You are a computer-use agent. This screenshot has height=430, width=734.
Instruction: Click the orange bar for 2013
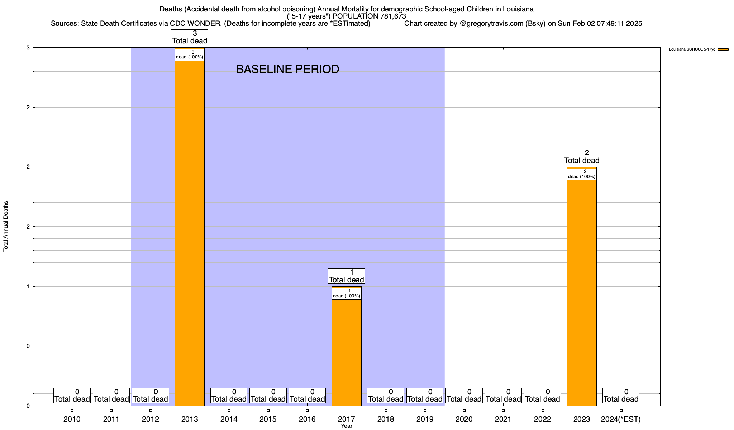tap(190, 233)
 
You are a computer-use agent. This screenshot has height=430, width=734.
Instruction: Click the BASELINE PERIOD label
tap(287, 69)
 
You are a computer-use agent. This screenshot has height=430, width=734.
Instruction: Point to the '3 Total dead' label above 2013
tap(190, 37)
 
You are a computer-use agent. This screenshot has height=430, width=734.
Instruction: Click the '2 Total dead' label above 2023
tap(582, 157)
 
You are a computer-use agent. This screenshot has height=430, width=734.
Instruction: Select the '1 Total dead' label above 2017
tap(347, 276)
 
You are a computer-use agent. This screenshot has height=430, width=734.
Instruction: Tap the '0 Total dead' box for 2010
tap(72, 396)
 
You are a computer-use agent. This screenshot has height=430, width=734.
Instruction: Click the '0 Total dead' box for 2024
tap(621, 396)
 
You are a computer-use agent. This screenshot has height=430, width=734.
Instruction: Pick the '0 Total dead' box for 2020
tap(464, 396)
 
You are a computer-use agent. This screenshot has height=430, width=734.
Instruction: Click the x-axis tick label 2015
tap(268, 419)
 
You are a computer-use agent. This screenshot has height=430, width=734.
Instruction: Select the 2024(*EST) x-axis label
tap(621, 419)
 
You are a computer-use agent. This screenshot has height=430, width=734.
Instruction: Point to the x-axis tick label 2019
tap(425, 419)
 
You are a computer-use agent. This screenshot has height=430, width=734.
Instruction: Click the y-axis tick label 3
tap(28, 48)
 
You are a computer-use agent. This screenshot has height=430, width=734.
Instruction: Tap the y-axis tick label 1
tap(28, 286)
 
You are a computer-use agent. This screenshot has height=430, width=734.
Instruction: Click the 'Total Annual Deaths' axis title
tap(6, 226)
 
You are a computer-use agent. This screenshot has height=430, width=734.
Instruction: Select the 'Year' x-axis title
tap(347, 426)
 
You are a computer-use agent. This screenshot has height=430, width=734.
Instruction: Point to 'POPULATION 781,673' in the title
tap(369, 16)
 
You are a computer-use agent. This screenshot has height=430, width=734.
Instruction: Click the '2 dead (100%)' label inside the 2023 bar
tap(582, 174)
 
